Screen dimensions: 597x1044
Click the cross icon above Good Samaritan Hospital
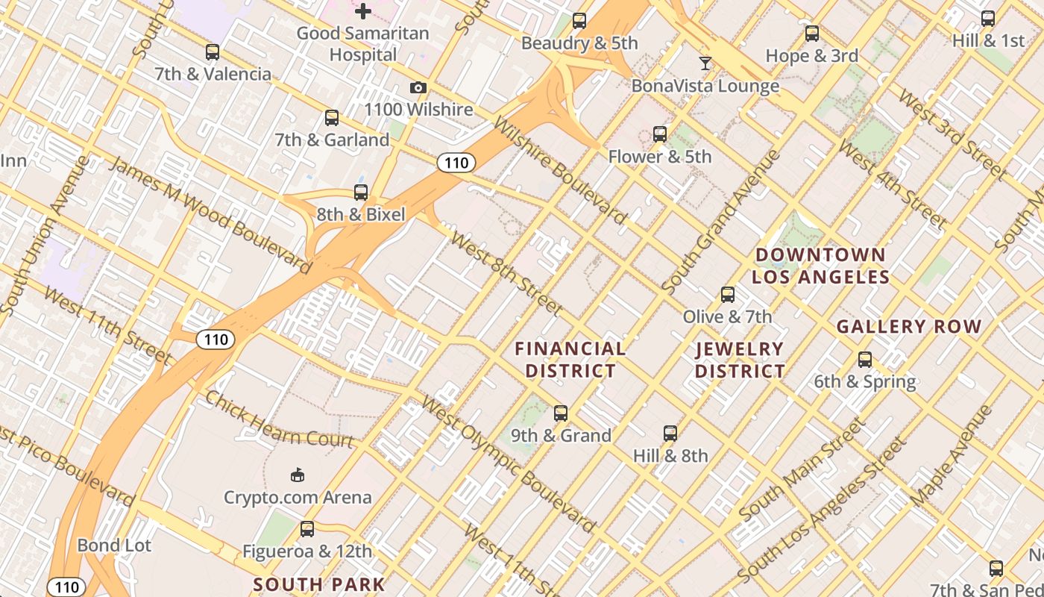tap(363, 11)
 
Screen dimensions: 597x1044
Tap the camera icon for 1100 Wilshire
tap(418, 88)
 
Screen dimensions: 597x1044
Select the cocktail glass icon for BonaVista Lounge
tap(705, 63)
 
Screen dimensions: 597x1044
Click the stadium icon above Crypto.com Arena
tap(298, 475)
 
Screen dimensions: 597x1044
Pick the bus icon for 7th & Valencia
tap(213, 52)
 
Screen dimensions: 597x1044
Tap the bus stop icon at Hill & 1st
tap(988, 19)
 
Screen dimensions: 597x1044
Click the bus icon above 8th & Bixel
tap(361, 193)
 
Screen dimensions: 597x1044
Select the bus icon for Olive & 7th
tap(728, 295)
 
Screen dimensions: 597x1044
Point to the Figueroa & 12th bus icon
tap(306, 530)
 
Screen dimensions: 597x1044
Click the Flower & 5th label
tap(660, 157)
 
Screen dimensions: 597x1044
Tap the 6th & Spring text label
tap(864, 382)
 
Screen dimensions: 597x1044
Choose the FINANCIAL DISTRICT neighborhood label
tap(570, 360)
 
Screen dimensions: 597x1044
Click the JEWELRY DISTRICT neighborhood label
tap(740, 360)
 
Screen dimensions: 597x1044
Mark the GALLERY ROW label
tap(909, 326)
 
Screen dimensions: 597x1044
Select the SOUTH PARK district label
tap(319, 584)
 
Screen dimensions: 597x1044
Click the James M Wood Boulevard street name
tap(210, 214)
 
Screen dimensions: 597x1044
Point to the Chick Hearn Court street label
tap(279, 419)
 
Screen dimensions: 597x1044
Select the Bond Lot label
tap(114, 546)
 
